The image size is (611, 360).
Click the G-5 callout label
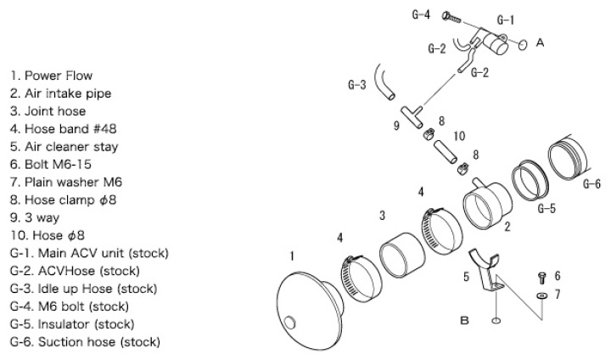pos(546,207)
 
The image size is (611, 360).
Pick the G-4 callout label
pos(421,14)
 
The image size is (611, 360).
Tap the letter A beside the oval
pos(541,42)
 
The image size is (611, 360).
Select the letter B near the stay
pos(464,321)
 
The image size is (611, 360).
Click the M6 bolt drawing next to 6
pos(541,277)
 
